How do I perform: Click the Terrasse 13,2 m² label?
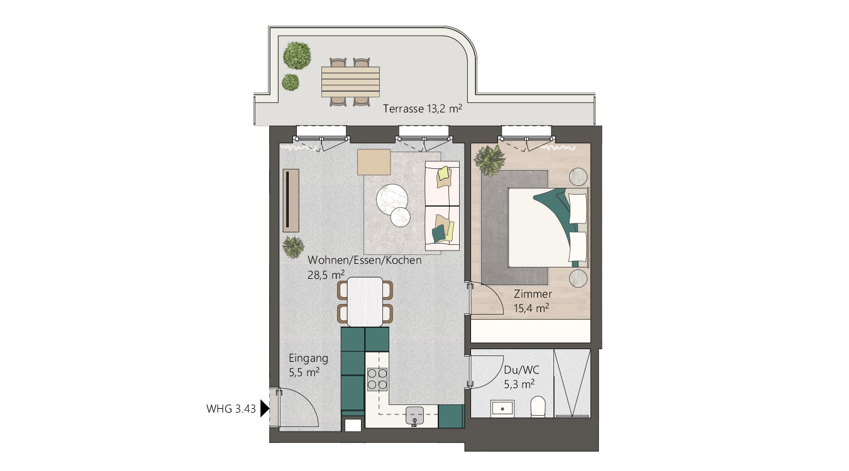tap(422, 109)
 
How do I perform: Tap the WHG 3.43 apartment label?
tap(231, 409)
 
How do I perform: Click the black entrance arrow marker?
tap(265, 409)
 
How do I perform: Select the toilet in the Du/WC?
tap(538, 406)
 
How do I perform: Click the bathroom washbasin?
tap(502, 409)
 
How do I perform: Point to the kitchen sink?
tap(415, 416)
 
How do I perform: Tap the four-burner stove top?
tap(377, 379)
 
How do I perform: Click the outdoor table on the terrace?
tap(350, 82)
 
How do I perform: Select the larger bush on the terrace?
tap(297, 56)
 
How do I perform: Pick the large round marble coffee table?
tap(392, 200)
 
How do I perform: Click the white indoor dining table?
tap(365, 302)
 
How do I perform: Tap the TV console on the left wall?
tap(291, 200)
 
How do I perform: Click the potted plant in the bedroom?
tap(490, 161)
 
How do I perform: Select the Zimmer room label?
tap(533, 294)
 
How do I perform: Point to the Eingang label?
tap(309, 359)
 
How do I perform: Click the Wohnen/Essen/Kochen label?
tap(365, 260)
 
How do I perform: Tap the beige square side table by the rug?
tap(374, 162)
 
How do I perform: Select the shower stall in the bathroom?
tap(572, 383)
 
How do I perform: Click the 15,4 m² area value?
tap(531, 308)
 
